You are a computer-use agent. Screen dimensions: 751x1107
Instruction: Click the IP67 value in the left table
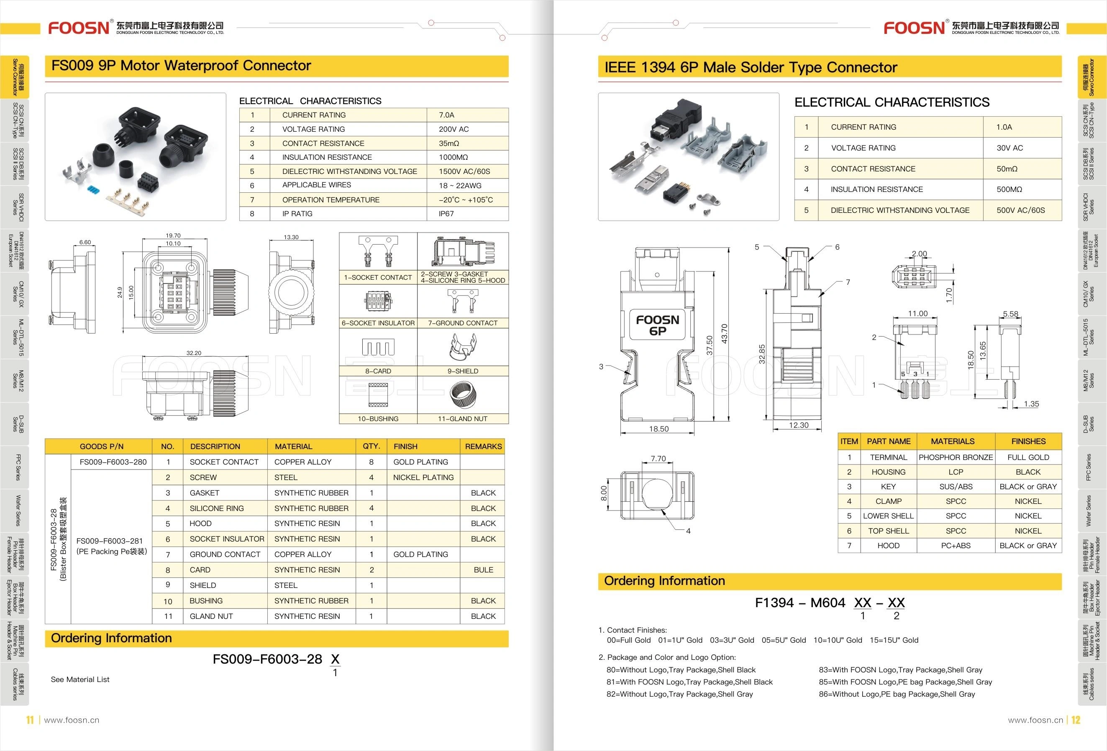[446, 214]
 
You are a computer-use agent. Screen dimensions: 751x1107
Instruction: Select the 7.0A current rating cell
[446, 115]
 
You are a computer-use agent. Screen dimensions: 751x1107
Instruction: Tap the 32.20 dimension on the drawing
[193, 353]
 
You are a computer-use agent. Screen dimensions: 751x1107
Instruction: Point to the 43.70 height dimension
[725, 333]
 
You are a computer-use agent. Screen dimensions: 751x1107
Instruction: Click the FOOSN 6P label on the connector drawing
[657, 325]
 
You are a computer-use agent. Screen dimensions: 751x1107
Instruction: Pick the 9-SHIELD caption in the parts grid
[463, 371]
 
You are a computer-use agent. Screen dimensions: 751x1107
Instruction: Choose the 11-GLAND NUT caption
[463, 419]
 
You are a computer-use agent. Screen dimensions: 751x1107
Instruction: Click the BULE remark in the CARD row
[483, 570]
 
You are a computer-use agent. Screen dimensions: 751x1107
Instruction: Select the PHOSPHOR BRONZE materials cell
[956, 457]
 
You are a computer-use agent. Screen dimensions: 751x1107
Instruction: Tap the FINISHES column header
[1028, 441]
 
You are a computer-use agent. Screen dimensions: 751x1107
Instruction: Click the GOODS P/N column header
[102, 446]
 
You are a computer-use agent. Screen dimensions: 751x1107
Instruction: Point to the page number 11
[30, 720]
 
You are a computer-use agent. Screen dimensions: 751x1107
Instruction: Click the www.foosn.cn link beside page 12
[1035, 720]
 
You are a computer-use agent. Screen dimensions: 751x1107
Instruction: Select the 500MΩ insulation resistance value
[1009, 189]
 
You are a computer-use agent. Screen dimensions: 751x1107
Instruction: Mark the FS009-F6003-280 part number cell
[113, 462]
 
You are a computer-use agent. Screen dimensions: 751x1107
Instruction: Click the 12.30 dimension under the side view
[798, 425]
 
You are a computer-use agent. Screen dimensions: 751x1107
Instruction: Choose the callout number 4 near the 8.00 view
[688, 531]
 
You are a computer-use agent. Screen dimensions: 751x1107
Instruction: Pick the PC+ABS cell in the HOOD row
[956, 545]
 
